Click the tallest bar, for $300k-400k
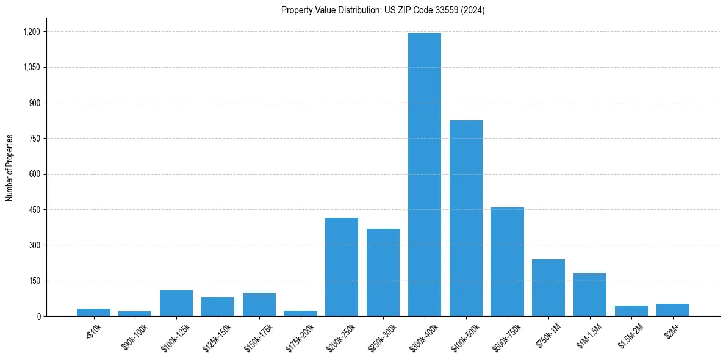(x=424, y=175)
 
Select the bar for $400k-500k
(x=465, y=218)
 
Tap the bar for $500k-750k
(x=507, y=262)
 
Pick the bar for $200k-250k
(x=342, y=267)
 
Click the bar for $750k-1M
(x=548, y=288)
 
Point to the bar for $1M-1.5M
(x=589, y=295)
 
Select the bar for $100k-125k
(x=176, y=303)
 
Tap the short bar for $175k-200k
(x=300, y=313)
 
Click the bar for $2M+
(x=672, y=310)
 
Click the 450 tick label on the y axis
(x=34, y=210)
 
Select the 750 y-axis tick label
(x=34, y=139)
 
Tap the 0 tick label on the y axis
(x=39, y=317)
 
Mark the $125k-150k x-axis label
(x=216, y=334)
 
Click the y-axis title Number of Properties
(x=9, y=168)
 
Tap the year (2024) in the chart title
(x=473, y=10)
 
